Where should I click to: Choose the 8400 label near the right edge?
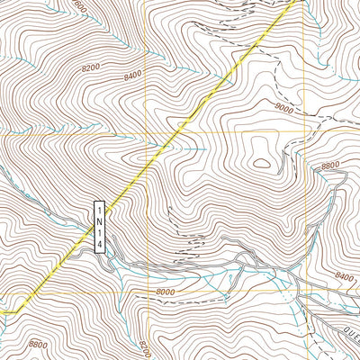[343, 277]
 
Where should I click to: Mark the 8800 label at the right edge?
[330, 166]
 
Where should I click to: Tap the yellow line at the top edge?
[297, 3]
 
